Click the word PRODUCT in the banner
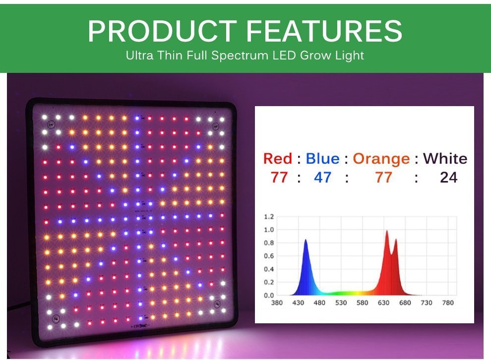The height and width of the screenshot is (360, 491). click(x=162, y=31)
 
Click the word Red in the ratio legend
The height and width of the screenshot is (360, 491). click(x=277, y=159)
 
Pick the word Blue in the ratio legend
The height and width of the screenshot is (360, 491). click(x=322, y=159)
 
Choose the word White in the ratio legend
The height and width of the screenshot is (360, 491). click(x=445, y=159)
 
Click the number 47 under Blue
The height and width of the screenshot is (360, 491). click(x=322, y=178)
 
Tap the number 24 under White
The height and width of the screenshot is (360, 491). click(x=449, y=178)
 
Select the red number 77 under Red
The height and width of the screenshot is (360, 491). click(x=279, y=178)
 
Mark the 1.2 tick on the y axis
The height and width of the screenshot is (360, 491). click(x=269, y=217)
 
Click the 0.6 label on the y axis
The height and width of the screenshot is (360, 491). click(x=269, y=256)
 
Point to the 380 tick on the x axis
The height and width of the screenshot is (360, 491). click(x=277, y=302)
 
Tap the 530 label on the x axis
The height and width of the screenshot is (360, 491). click(x=341, y=302)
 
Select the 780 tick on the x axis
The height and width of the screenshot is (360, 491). click(x=448, y=302)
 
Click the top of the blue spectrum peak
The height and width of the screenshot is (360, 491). click(x=306, y=240)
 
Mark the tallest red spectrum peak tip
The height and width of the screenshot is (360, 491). click(x=387, y=231)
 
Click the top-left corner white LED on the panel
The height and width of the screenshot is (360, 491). click(x=45, y=118)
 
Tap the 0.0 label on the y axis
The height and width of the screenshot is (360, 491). click(x=269, y=295)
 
